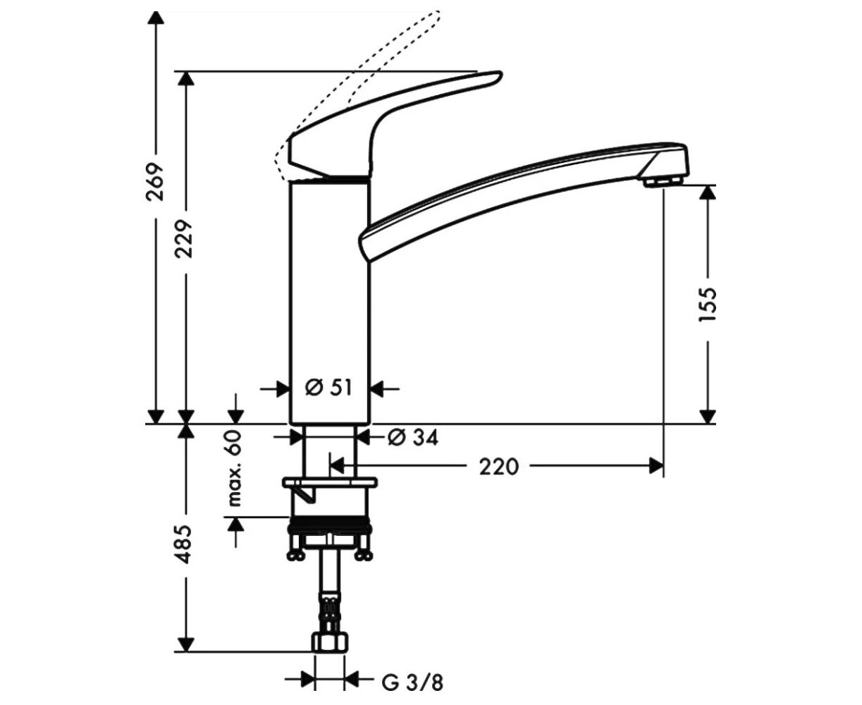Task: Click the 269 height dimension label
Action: [155, 182]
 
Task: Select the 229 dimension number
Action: [184, 239]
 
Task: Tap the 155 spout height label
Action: [708, 305]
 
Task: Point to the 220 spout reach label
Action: [498, 466]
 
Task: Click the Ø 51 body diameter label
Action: [328, 387]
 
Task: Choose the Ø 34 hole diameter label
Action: [412, 438]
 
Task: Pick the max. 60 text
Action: [235, 468]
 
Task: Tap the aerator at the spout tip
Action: [663, 181]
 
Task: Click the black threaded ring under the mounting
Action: [329, 525]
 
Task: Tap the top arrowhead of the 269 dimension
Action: [155, 18]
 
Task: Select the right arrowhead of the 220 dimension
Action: [655, 466]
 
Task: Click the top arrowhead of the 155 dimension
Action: [708, 193]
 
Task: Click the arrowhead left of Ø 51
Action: [282, 388]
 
